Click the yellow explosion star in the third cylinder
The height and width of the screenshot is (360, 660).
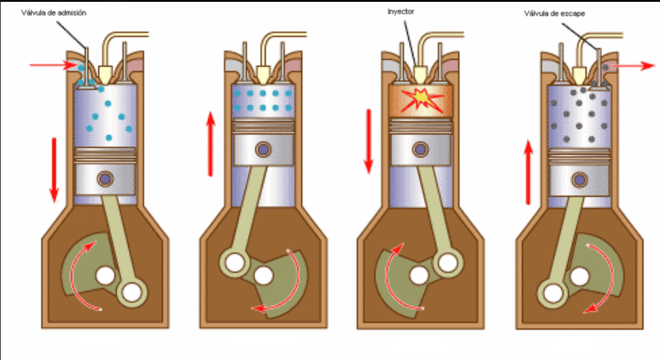tap(419, 96)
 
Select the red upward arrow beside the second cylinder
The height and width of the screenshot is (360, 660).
tap(210, 144)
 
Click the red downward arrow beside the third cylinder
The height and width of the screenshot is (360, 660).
tap(368, 141)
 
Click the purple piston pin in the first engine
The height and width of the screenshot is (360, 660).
tap(104, 179)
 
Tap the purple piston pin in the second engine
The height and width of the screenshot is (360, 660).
tap(262, 149)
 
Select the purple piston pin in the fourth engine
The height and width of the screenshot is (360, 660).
tap(579, 179)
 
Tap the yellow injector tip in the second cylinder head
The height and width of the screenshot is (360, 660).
tap(264, 74)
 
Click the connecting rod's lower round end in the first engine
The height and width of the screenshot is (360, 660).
tap(131, 293)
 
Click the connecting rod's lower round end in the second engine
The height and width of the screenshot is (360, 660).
tap(233, 262)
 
